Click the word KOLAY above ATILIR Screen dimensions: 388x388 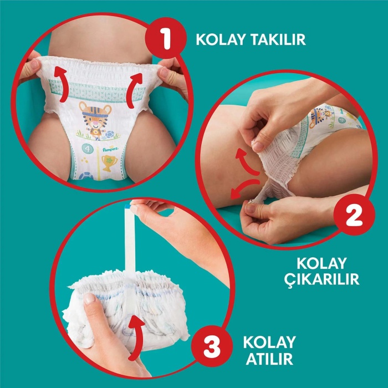pos(268,341)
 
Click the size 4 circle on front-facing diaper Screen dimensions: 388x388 pos(86,149)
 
